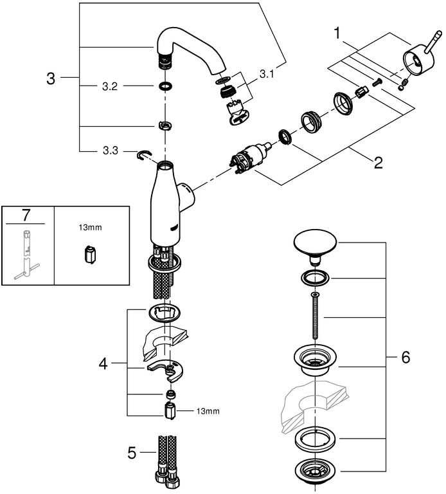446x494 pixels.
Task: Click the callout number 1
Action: (x=337, y=33)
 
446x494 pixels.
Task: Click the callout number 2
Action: (x=378, y=163)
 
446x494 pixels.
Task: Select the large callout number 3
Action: (x=51, y=78)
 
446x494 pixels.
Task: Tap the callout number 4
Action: (x=103, y=364)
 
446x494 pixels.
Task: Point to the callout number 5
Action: (x=132, y=453)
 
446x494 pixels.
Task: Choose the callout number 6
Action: (x=406, y=357)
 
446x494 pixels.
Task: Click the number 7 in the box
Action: (x=26, y=215)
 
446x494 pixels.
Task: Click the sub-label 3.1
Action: (x=267, y=75)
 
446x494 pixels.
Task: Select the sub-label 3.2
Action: (x=110, y=86)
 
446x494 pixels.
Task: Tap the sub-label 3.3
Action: (x=111, y=151)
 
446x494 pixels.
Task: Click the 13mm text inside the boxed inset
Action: (x=91, y=227)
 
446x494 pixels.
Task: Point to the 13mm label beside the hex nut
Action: (x=208, y=411)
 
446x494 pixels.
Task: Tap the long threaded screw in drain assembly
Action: (x=315, y=315)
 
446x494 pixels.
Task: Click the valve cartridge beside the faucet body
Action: (x=251, y=158)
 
